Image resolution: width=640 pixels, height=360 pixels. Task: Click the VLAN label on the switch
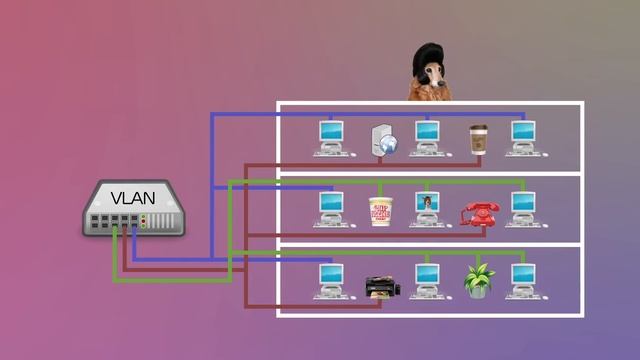click(x=132, y=197)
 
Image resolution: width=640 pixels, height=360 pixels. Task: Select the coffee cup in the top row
click(x=478, y=139)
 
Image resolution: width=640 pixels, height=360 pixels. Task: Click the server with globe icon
click(x=384, y=140)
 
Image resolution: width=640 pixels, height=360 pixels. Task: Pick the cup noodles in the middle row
click(x=379, y=210)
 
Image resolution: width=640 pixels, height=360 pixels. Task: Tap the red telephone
click(x=479, y=213)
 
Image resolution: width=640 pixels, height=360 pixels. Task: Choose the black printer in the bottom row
click(x=382, y=287)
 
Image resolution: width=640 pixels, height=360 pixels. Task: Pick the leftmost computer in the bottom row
click(x=330, y=281)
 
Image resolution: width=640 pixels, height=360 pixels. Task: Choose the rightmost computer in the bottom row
click(x=522, y=281)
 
